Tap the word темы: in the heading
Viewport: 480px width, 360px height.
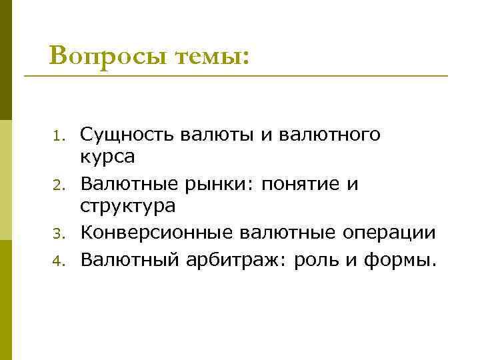coord(212,56)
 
